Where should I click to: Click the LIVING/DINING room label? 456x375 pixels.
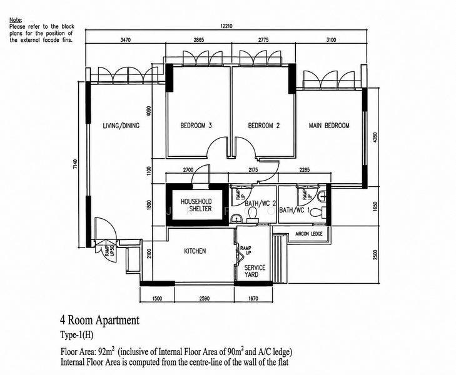point(121,126)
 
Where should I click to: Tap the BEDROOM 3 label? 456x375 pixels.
point(196,126)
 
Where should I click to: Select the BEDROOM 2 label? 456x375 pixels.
point(264,126)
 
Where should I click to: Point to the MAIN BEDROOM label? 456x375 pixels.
point(329,126)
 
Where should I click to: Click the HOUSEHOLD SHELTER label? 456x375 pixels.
point(196,205)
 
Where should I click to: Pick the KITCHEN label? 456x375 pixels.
point(195,251)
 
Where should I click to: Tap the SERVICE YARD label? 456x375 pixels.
point(255,271)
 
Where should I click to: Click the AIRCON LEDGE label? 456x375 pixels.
point(309,234)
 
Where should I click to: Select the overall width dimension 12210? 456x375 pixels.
point(226,26)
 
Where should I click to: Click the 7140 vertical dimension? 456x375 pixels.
point(75,164)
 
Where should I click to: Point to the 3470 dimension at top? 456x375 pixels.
point(125,40)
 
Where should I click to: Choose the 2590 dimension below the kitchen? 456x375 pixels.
point(205,298)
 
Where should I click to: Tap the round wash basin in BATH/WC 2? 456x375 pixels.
point(236,218)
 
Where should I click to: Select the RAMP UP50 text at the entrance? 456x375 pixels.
point(109,251)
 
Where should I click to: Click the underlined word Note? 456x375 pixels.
point(16,20)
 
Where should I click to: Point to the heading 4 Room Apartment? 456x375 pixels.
point(99,320)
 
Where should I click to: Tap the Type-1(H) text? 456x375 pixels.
point(77,335)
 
